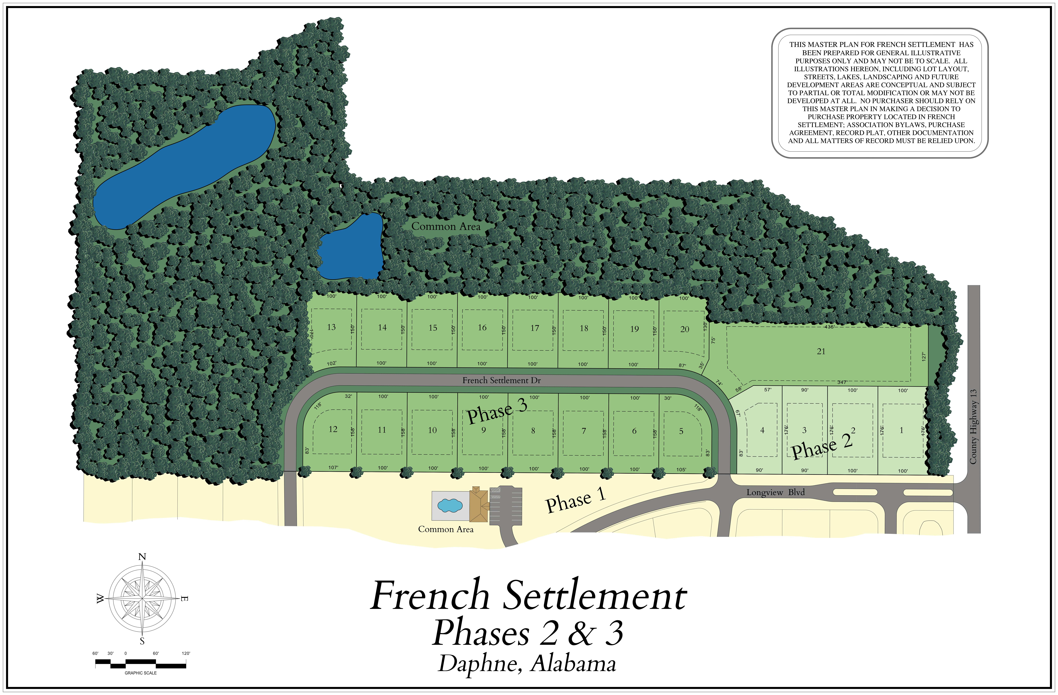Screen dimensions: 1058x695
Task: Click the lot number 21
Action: tap(821, 351)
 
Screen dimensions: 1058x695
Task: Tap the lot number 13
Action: tap(331, 327)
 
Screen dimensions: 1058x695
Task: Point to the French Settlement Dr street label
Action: tap(501, 380)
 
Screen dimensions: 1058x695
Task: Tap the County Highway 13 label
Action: tap(973, 427)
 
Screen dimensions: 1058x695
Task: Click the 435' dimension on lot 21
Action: tap(829, 327)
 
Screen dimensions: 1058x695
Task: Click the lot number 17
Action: tap(534, 328)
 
